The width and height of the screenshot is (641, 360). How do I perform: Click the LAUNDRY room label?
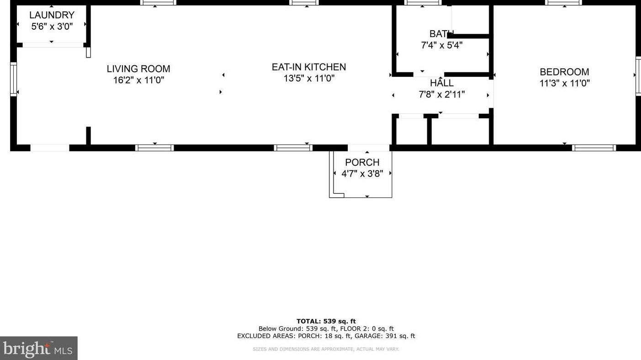tap(52, 16)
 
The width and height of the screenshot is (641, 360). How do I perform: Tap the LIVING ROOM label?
tap(138, 69)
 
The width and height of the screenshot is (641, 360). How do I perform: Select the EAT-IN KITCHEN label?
tap(309, 67)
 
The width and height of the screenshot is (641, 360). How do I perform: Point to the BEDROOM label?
tap(564, 72)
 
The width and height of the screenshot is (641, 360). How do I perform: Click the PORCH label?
tap(362, 163)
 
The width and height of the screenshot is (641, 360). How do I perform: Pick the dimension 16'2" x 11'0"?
tap(138, 80)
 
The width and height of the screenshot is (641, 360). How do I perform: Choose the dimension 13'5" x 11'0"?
tap(309, 79)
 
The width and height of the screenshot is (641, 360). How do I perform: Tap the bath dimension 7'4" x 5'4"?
tap(441, 45)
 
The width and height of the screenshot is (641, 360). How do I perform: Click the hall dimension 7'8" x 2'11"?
tap(441, 95)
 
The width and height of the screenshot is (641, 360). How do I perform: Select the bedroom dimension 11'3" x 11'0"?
tap(564, 84)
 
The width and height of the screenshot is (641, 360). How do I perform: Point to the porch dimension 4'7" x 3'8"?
tap(362, 174)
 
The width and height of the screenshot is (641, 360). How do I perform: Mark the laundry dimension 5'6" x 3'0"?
tap(52, 26)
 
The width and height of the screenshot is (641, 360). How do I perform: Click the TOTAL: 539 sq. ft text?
tap(326, 321)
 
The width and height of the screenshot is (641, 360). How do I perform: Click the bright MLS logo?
tap(38, 349)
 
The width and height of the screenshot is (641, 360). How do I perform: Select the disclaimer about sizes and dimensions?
tap(326, 349)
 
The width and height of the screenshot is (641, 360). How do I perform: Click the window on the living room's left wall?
tap(13, 79)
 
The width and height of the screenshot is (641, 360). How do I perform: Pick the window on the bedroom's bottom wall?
tap(593, 148)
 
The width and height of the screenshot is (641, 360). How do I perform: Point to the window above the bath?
tap(423, 3)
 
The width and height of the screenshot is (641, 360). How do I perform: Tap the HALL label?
tap(441, 83)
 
